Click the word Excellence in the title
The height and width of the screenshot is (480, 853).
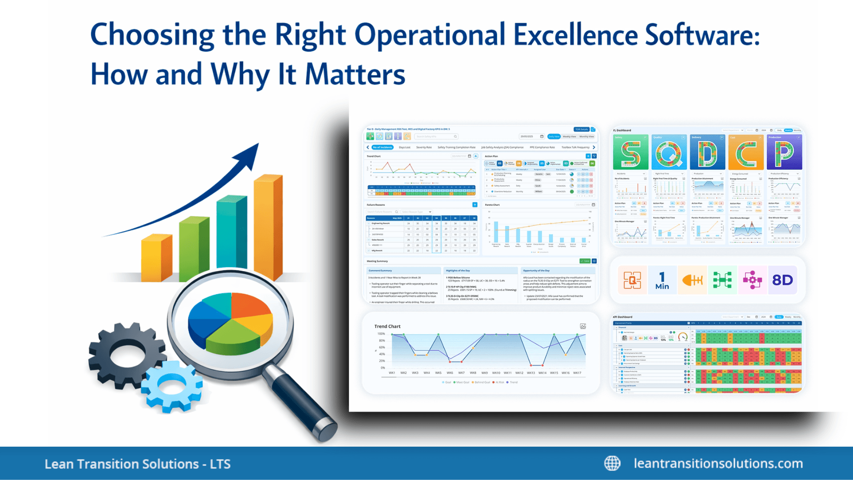[x=575, y=35]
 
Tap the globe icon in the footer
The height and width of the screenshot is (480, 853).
[x=612, y=463]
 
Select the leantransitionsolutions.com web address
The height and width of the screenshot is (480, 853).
[x=718, y=463]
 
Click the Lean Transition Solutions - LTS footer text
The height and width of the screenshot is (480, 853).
[x=137, y=464]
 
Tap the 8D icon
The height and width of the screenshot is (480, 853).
[x=782, y=280]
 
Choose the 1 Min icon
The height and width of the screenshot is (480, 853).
[x=662, y=280]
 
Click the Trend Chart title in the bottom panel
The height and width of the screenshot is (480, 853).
[x=387, y=326]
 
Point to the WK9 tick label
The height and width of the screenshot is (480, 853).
[x=484, y=373]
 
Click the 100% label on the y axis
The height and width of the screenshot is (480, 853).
[x=381, y=334]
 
